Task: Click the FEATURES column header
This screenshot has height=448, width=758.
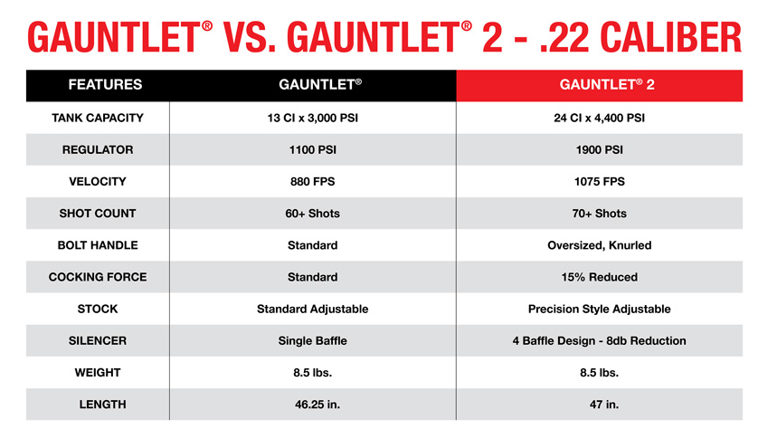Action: [x=105, y=85]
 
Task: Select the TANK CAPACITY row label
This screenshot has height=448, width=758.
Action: [x=98, y=118]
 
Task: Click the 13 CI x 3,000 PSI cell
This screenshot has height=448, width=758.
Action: [x=312, y=118]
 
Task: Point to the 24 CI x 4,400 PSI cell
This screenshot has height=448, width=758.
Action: [x=599, y=118]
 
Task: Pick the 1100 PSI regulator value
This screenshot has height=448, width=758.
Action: [x=312, y=150]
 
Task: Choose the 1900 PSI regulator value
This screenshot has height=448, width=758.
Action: [x=599, y=150]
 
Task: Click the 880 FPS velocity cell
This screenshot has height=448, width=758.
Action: [x=312, y=182]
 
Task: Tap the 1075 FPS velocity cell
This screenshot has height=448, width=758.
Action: [x=599, y=182]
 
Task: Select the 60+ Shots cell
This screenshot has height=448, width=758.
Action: [x=312, y=214]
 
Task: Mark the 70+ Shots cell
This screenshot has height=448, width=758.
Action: [x=599, y=214]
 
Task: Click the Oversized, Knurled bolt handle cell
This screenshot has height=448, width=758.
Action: [x=599, y=246]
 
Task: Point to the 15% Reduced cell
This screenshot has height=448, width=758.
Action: [x=599, y=277]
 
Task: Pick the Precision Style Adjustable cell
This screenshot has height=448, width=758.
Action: [x=599, y=310]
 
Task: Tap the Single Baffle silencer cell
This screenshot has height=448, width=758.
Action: [x=312, y=341]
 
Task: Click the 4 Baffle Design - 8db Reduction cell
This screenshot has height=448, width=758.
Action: [x=599, y=341]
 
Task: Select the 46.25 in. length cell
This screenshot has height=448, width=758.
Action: [x=317, y=405]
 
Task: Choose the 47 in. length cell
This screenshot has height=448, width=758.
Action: [x=604, y=405]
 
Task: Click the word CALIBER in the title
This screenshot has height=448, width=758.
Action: [x=670, y=37]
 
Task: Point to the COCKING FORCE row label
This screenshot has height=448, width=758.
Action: [x=98, y=277]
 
